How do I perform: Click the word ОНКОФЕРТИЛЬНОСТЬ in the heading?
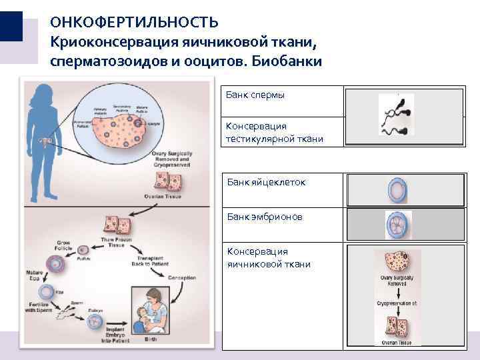coord(134,22)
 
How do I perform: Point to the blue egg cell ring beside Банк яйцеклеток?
coord(397,190)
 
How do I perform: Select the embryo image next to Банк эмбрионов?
coord(399,225)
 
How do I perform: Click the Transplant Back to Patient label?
coord(155,261)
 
